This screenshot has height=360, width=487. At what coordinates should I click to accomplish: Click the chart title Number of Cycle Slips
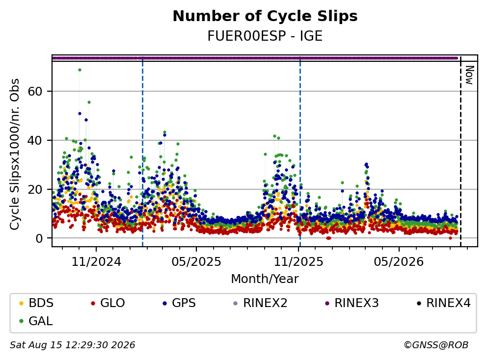[265, 16]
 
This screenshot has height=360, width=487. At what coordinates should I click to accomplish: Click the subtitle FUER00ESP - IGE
[265, 36]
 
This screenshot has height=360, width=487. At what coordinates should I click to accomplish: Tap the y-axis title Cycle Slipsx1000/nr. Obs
[14, 154]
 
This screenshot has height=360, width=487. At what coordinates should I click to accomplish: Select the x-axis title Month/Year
[265, 279]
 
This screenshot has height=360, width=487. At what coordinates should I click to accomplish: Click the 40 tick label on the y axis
[35, 140]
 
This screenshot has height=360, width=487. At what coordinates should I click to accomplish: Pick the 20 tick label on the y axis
[35, 189]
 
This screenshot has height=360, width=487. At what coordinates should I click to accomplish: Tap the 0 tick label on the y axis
[39, 238]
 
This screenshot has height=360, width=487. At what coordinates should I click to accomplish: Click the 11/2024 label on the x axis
[96, 262]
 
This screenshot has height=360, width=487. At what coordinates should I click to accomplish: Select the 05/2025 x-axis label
[196, 262]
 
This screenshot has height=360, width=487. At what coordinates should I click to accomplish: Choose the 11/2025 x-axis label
[298, 262]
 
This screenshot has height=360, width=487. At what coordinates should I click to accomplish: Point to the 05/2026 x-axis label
[399, 262]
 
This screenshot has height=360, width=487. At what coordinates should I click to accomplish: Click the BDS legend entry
[36, 303]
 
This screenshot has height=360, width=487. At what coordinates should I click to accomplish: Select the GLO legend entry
[108, 303]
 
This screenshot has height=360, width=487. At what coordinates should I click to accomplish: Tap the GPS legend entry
[179, 303]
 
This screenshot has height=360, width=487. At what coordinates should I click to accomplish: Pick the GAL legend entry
[35, 321]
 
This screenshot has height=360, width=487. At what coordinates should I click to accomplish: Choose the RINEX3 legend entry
[352, 303]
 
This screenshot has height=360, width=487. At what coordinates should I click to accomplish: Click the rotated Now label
[469, 75]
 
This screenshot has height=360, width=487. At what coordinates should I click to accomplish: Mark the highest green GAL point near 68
[80, 70]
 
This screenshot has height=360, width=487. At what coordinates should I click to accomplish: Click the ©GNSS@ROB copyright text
[436, 345]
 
